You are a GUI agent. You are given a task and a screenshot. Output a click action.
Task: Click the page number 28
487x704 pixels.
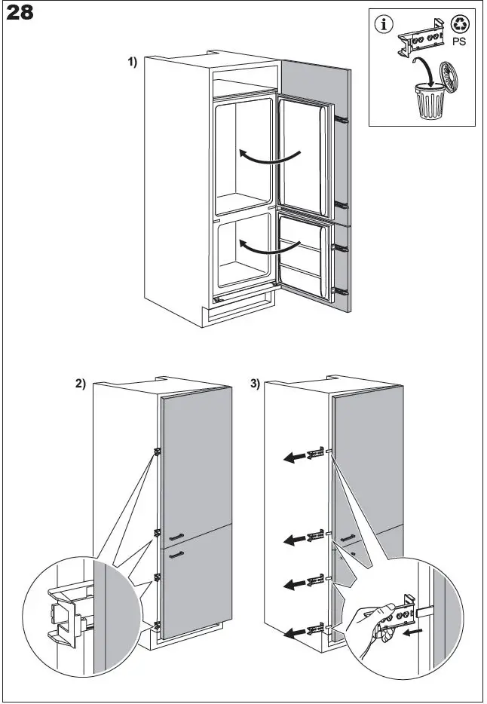click(20, 14)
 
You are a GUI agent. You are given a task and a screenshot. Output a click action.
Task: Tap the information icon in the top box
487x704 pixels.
click(385, 24)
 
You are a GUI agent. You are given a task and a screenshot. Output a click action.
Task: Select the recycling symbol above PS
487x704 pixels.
click(459, 23)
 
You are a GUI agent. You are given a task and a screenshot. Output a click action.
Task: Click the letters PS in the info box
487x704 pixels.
click(459, 42)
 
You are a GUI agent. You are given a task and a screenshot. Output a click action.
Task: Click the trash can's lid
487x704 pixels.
click(450, 78)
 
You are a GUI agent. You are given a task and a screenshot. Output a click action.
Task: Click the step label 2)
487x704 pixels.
click(81, 384)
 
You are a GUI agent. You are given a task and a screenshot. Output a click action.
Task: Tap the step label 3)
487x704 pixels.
click(255, 384)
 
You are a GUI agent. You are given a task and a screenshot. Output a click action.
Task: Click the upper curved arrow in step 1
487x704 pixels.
click(269, 156)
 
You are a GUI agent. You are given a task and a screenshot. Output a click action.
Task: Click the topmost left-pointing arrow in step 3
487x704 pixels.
click(299, 455)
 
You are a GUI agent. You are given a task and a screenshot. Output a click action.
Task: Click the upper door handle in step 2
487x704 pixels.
click(177, 536)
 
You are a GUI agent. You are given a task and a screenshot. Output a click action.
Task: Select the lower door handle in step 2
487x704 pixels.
click(177, 555)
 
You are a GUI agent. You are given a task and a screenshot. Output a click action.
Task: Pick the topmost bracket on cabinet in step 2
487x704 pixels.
click(158, 451)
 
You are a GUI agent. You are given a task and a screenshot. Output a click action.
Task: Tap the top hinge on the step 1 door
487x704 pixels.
click(341, 118)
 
